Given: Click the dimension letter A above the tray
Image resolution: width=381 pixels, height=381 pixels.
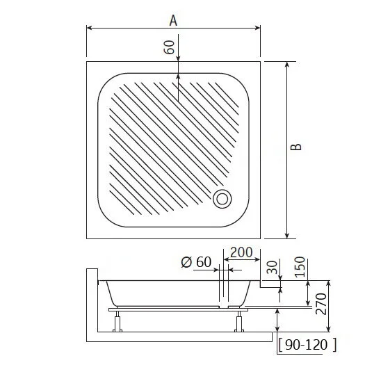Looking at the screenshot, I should point(173,20).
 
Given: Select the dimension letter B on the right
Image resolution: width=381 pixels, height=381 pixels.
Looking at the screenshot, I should point(296,148).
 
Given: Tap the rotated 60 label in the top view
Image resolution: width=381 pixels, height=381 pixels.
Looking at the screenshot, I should point(169,47).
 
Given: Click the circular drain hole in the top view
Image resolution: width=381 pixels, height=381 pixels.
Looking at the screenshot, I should point(222,199).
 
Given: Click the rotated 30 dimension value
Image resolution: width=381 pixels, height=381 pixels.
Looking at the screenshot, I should point(272,266).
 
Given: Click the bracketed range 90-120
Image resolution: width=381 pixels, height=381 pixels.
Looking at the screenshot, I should point(307,343).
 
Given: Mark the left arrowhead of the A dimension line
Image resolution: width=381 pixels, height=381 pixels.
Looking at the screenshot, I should point(89,29).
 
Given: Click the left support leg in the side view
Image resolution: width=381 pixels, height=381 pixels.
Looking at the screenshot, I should point(117,321).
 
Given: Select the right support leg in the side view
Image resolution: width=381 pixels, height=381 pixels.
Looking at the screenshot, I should point(240,321).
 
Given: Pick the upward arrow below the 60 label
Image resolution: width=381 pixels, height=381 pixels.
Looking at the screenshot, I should point(179,79).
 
